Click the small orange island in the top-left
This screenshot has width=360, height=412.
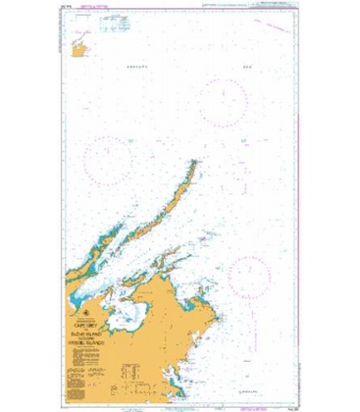click(x=76, y=44)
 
